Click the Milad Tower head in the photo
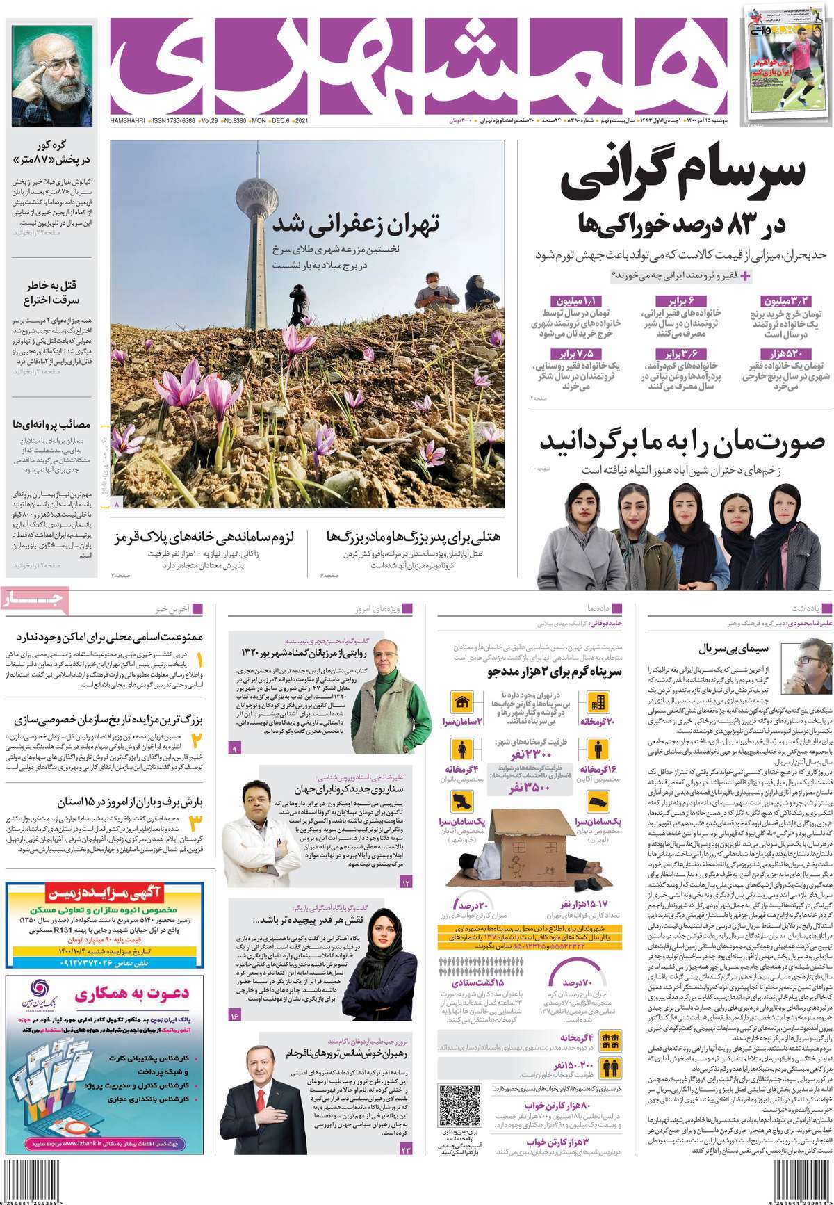pyautogui.click(x=250, y=192)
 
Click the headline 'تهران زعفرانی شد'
pyautogui.click(x=356, y=224)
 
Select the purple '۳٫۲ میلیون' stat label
pyautogui.click(x=787, y=301)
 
